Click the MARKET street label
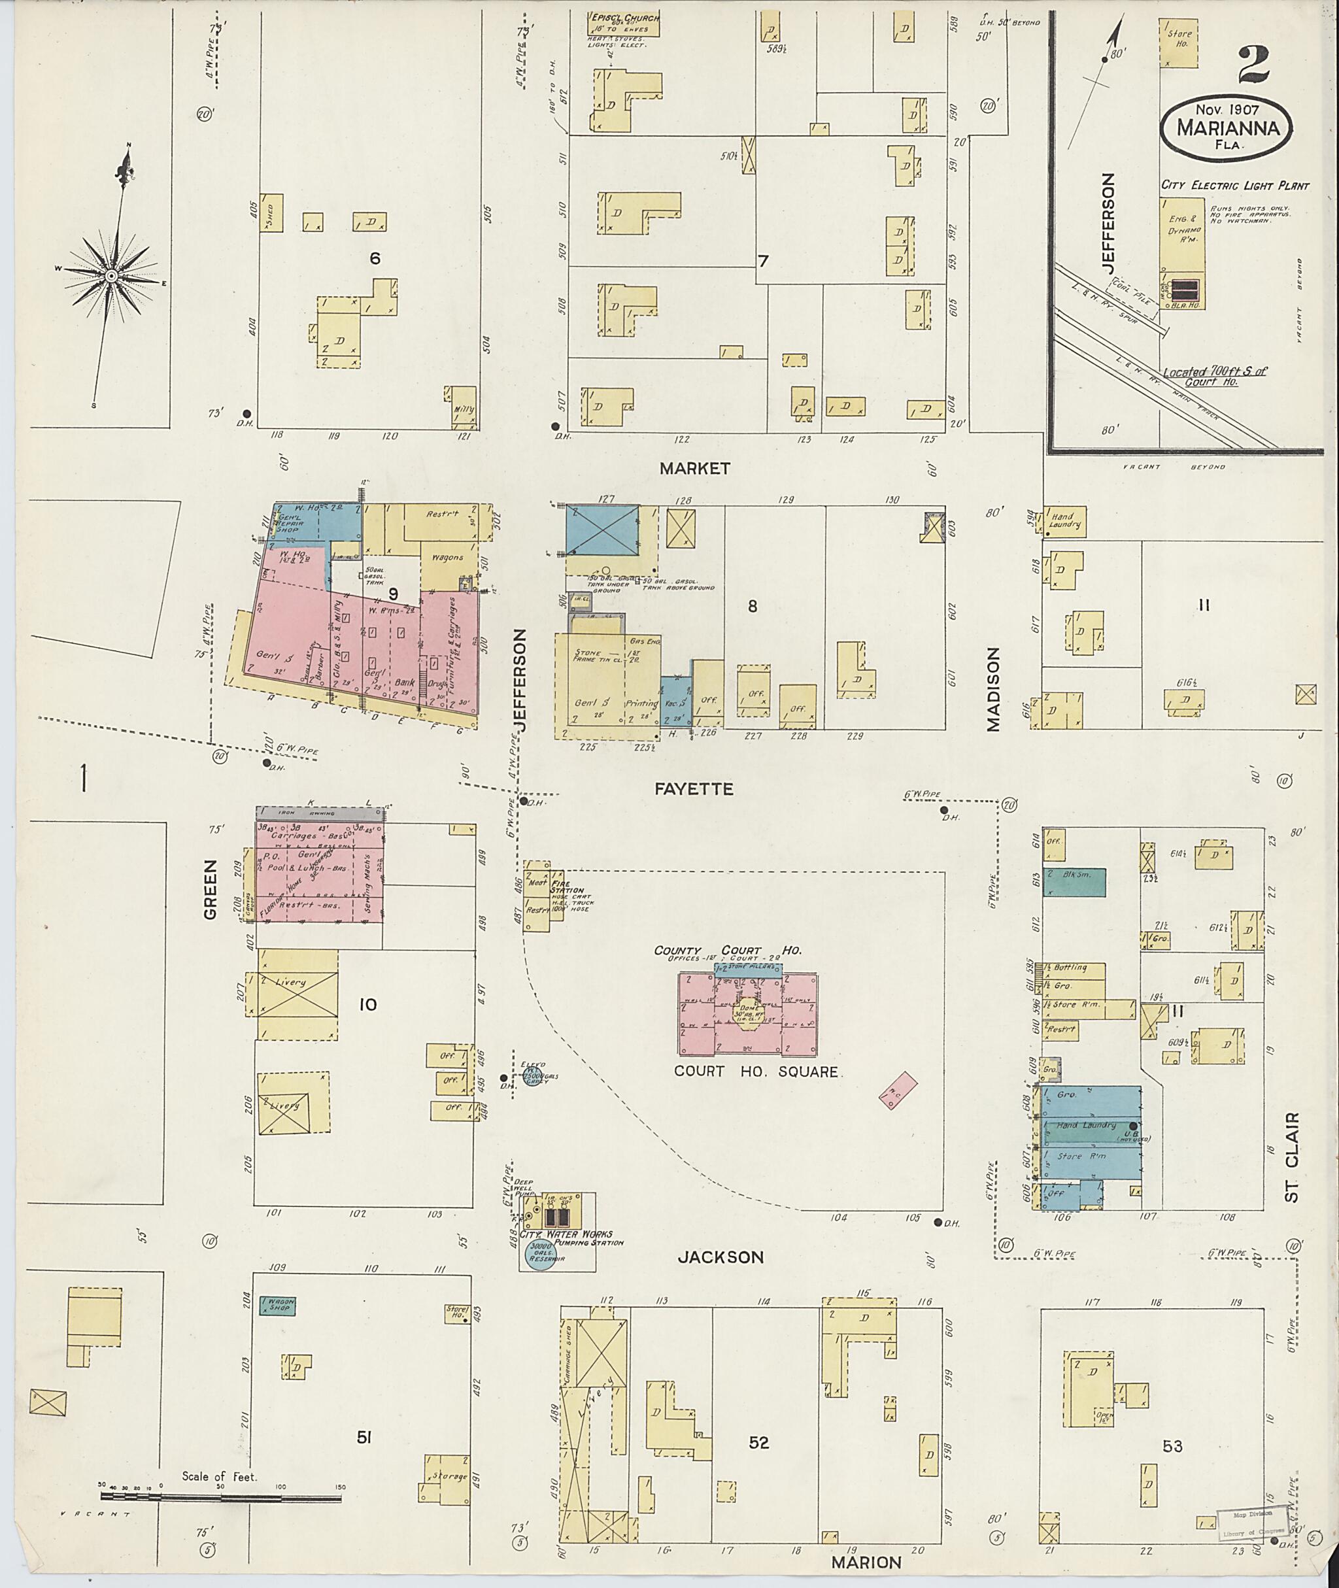point(694,468)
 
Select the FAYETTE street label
point(694,790)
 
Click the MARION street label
point(866,1563)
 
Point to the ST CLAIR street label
point(1293,1157)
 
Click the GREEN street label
point(211,889)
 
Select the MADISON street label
point(994,689)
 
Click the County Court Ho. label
point(727,951)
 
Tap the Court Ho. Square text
point(755,1072)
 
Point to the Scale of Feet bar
point(220,1498)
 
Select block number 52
point(759,1442)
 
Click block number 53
point(1172,1446)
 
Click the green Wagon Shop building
point(277,1306)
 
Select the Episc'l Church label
point(626,18)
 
